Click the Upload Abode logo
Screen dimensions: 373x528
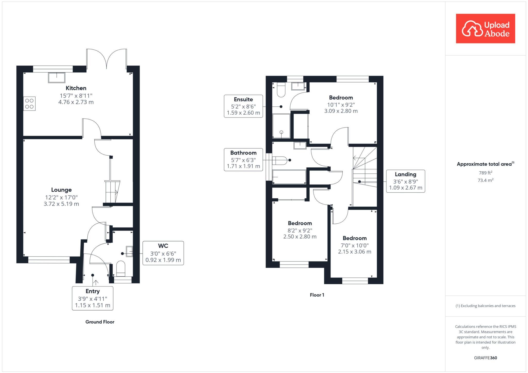485,29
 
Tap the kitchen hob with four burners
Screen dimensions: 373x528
29,104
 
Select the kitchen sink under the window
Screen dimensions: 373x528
56,78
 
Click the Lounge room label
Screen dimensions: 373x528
61,190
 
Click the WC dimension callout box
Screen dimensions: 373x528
163,253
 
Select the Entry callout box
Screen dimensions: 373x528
93,298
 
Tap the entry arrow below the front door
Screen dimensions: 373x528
96,283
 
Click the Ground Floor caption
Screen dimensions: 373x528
100,322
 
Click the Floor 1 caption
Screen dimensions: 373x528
317,295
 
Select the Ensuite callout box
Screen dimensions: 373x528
243,106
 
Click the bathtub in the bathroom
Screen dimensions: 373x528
289,177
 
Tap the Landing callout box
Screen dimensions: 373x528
405,181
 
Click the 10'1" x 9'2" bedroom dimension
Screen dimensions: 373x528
341,105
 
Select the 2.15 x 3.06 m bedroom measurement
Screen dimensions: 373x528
354,252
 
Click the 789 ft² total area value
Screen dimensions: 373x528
485,173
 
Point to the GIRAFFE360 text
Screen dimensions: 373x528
485,358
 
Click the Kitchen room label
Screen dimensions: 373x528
76,88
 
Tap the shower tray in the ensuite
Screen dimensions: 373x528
281,126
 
